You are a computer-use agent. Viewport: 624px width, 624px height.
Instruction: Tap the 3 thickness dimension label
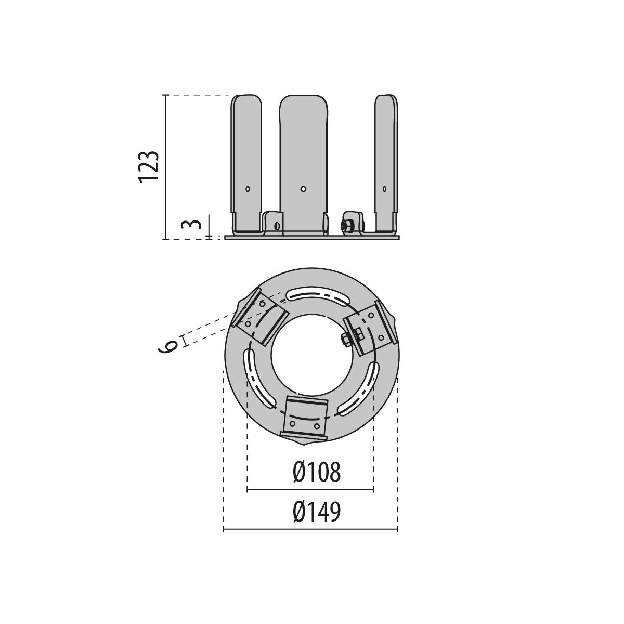click(191, 224)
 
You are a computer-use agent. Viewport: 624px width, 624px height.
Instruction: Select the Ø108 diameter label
click(317, 473)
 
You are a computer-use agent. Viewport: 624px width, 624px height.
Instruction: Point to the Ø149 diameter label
click(317, 512)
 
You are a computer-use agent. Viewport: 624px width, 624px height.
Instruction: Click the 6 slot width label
click(168, 347)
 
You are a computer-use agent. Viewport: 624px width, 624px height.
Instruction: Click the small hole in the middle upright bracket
click(303, 189)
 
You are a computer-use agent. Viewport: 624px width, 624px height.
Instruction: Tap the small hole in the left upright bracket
click(248, 189)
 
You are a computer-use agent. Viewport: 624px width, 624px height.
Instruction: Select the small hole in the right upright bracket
click(384, 189)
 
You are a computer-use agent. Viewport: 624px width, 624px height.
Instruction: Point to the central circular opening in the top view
click(311, 355)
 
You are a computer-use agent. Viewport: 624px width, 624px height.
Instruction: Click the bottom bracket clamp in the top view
click(306, 419)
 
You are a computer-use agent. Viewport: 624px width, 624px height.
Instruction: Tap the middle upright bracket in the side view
click(303, 165)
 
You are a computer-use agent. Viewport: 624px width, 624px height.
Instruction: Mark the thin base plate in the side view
click(312, 237)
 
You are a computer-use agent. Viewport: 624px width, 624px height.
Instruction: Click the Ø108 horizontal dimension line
click(310, 490)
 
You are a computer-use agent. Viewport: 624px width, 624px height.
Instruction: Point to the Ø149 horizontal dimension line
click(310, 529)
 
